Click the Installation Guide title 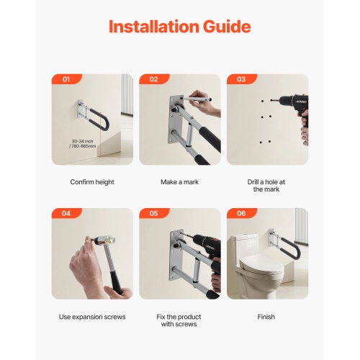[x=179, y=27]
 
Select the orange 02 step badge [x=153, y=80]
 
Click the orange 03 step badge [x=241, y=80]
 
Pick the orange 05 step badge [x=153, y=214]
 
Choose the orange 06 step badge [x=241, y=214]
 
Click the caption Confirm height [x=92, y=182]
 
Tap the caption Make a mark [x=179, y=182]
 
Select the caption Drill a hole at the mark [x=266, y=186]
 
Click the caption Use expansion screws [x=92, y=317]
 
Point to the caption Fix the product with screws [x=179, y=320]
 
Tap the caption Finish [x=266, y=317]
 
